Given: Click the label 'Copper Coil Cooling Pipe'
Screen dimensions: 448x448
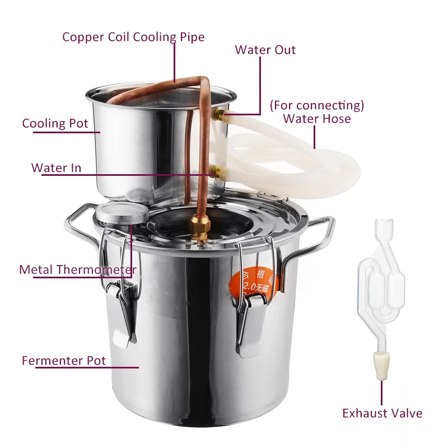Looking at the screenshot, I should (133, 37).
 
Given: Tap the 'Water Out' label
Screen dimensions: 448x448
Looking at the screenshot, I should (265, 50).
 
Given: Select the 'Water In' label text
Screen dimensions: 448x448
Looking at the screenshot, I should (56, 168).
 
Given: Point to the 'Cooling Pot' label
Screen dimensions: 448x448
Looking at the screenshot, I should (55, 123).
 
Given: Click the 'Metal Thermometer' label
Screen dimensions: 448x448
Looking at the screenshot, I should (77, 270).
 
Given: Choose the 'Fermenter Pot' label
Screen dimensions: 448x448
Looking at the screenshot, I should (63, 360).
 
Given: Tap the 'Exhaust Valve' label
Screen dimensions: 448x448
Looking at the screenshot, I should (382, 413).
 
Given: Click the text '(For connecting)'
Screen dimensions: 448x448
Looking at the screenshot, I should (317, 105).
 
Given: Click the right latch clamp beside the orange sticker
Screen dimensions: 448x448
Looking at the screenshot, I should (251, 319).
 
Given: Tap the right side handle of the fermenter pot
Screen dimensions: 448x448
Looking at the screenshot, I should (319, 235).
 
